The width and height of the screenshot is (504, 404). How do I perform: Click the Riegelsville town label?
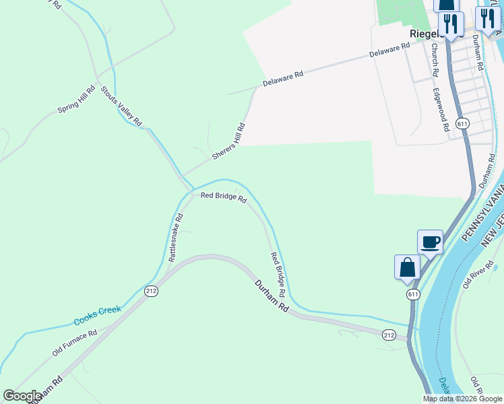click(424, 33)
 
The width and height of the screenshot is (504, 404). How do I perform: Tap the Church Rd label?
click(435, 60)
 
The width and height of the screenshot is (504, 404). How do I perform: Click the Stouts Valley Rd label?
click(121, 106)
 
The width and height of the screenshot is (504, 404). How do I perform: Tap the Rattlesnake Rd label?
click(175, 237)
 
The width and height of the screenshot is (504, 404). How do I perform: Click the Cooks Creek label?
click(97, 314)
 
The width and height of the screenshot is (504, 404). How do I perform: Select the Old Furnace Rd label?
click(75, 343)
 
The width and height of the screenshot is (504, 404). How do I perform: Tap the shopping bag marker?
click(407, 267)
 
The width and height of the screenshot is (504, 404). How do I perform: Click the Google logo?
click(22, 396)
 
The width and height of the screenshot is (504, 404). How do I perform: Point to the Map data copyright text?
click(462, 398)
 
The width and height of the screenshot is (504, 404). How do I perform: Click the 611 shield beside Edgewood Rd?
click(462, 124)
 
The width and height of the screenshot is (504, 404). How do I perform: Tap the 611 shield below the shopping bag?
click(412, 294)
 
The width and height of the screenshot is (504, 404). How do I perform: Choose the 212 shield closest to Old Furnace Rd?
click(151, 291)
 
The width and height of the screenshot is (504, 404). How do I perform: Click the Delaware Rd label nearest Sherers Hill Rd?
click(283, 78)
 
